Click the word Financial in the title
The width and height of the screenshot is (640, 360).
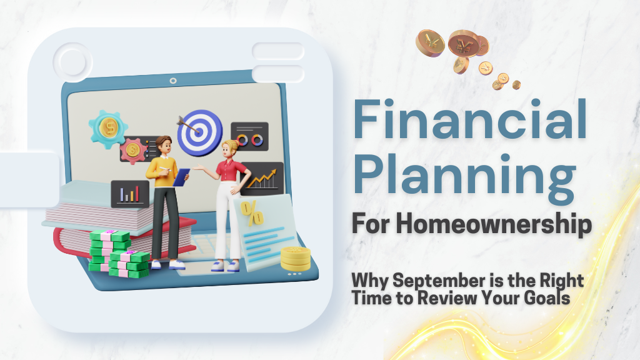tap(470, 119)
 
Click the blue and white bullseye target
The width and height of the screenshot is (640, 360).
tap(199, 132)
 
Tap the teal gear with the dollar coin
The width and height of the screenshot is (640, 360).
tap(108, 128)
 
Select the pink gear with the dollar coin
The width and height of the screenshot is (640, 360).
tap(132, 150)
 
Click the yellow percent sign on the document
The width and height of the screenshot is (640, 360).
tap(252, 213)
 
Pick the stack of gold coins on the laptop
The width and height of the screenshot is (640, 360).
tap(296, 259)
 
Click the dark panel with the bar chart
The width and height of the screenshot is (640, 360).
tap(130, 194)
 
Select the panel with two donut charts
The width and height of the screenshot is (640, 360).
tap(250, 136)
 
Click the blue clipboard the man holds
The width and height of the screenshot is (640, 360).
tap(181, 177)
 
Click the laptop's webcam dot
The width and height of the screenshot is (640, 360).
tap(173, 81)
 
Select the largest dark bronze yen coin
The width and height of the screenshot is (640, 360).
tap(463, 43)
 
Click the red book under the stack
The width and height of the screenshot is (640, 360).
tap(122, 240)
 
